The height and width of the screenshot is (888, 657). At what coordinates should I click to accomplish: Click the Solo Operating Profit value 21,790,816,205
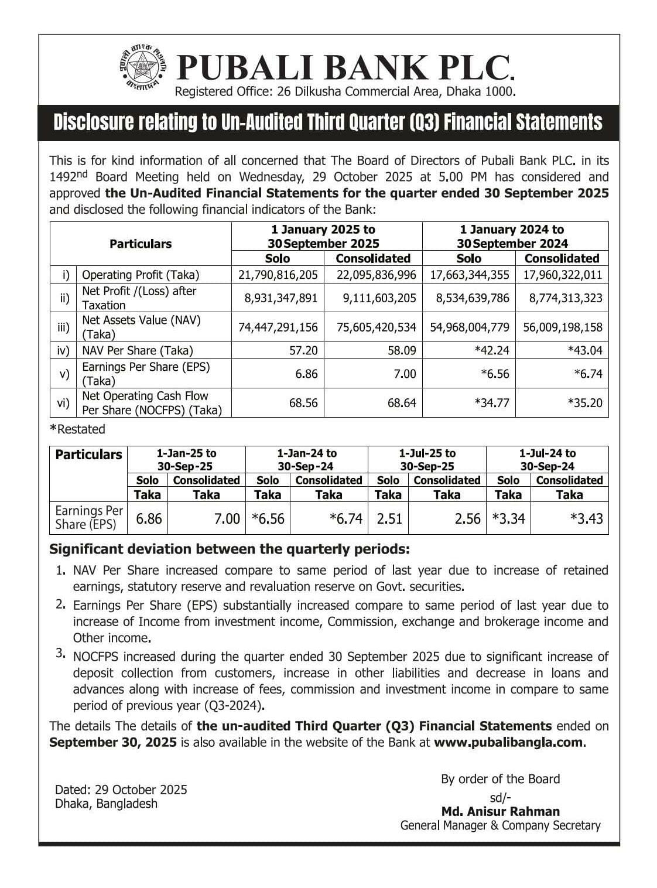pos(278,275)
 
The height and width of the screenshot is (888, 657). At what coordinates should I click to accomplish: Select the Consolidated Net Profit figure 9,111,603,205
pos(379,298)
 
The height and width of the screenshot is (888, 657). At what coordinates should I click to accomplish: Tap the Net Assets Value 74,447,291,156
pos(278,327)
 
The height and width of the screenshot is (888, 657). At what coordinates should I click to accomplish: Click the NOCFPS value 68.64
pos(402,403)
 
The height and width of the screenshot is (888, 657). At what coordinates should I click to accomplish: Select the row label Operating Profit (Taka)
pos(141,275)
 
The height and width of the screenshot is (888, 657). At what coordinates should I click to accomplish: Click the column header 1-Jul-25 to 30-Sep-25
pos(427,460)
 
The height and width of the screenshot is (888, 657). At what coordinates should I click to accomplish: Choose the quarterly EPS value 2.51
pos(389,518)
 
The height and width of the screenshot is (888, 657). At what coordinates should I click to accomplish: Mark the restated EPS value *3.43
pos(587,518)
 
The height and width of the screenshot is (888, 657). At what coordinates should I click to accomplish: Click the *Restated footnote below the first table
pos(77,429)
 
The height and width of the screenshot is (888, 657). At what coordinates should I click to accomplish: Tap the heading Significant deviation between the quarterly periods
pos(229,549)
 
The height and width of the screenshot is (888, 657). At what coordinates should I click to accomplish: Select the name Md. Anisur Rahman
pos(500,811)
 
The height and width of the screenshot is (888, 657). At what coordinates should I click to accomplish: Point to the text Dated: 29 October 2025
pos(121,790)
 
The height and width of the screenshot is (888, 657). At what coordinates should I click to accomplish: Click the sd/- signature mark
pos(500,797)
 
